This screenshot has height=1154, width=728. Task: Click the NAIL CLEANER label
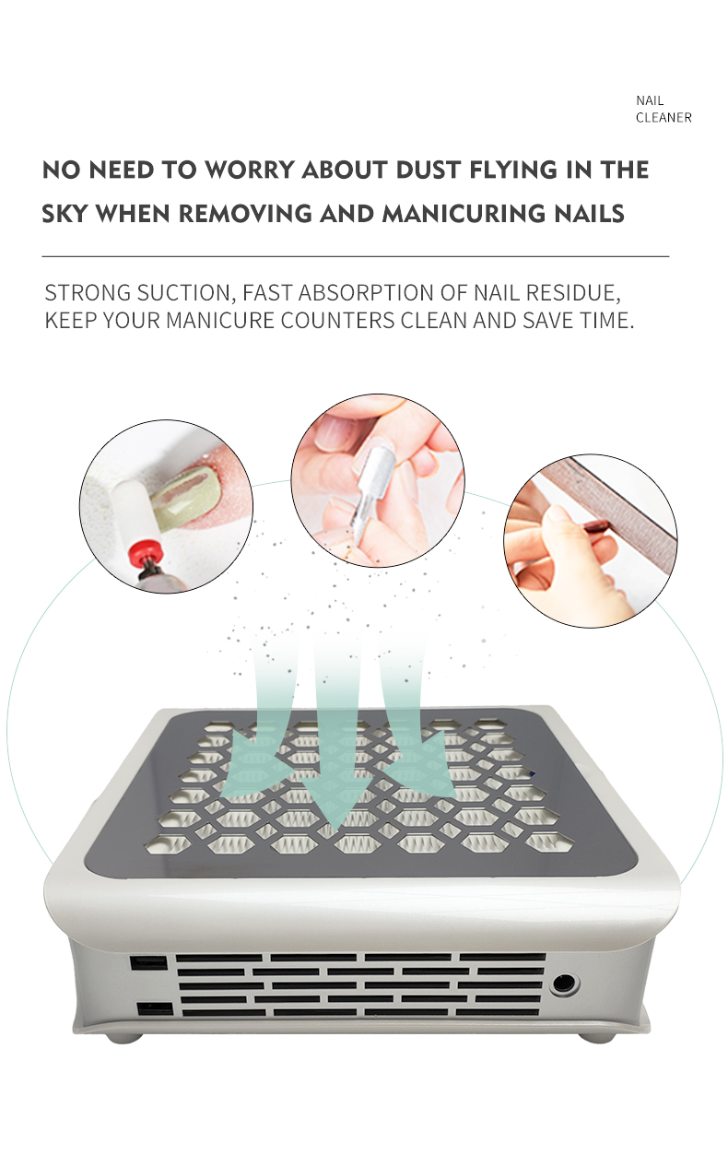point(663,109)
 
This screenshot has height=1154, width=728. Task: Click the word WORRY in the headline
point(250,170)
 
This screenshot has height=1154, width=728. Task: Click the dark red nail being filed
point(596,526)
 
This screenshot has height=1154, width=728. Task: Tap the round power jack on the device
point(564,983)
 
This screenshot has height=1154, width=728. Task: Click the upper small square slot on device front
point(148,962)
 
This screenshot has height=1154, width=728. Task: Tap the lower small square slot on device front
point(155,1008)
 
